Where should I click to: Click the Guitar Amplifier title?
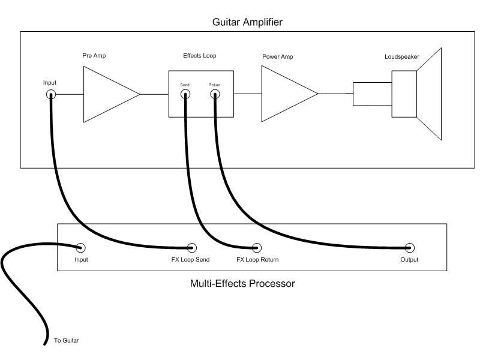tap(247, 22)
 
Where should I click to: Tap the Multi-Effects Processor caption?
tap(242, 283)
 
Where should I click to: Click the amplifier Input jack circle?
tap(51, 94)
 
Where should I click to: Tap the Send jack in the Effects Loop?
tap(185, 94)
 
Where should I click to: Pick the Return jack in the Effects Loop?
tap(214, 94)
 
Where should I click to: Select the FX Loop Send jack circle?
tap(192, 247)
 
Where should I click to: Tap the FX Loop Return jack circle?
tap(257, 247)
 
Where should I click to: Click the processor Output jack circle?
tap(410, 247)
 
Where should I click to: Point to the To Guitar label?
tap(66, 341)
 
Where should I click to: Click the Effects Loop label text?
tap(199, 56)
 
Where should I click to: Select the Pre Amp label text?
tap(94, 56)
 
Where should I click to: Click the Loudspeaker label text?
tap(402, 57)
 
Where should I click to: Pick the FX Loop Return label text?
tap(257, 260)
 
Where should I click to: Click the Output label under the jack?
tap(409, 260)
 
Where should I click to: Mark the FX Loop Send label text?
tap(190, 260)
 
